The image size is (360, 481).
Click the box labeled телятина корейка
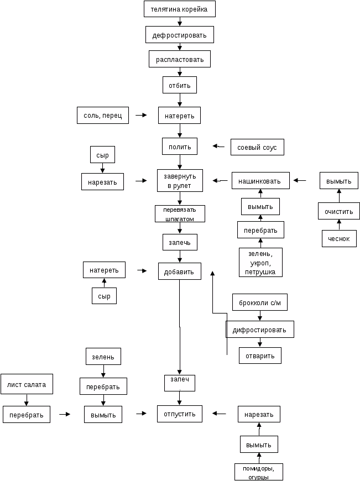pyautogui.click(x=179, y=9)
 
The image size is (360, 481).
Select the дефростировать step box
pyautogui.click(x=180, y=35)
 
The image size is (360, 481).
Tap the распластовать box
pyautogui.click(x=180, y=59)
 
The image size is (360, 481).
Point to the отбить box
pyautogui.click(x=180, y=85)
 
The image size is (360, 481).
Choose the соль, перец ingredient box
pyautogui.click(x=102, y=115)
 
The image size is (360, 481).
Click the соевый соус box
pyautogui.click(x=257, y=147)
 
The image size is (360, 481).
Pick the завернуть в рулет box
pyautogui.click(x=180, y=180)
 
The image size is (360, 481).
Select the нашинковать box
pyautogui.click(x=260, y=180)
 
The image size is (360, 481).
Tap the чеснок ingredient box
pyautogui.click(x=339, y=239)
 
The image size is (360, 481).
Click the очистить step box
pyautogui.click(x=339, y=211)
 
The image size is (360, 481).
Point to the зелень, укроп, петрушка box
pyautogui.click(x=260, y=262)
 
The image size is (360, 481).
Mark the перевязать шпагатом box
pyautogui.click(x=180, y=214)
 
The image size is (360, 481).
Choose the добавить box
pyautogui.click(x=180, y=271)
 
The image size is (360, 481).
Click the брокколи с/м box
pyautogui.click(x=259, y=302)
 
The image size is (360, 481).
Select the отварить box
pyautogui.click(x=260, y=355)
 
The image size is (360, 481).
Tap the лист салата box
pyautogui.click(x=27, y=384)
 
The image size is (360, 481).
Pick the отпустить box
pyautogui.click(x=180, y=414)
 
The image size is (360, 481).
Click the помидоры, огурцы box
pyautogui.click(x=259, y=472)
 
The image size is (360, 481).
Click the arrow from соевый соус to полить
pyautogui.click(x=219, y=147)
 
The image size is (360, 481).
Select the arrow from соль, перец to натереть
pyautogui.click(x=141, y=115)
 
